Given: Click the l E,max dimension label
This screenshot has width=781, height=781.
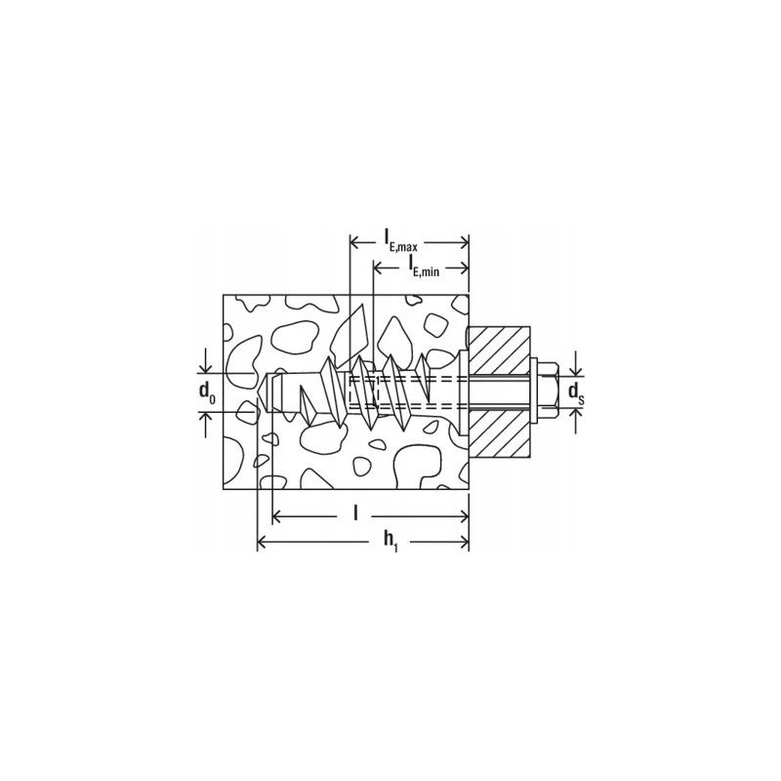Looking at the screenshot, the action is tap(400, 241).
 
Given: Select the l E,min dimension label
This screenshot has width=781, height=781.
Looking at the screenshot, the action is tap(424, 265).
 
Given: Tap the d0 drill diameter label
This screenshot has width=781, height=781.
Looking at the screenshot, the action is tap(207, 392).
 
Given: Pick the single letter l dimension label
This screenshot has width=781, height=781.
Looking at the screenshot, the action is tap(355, 514).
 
